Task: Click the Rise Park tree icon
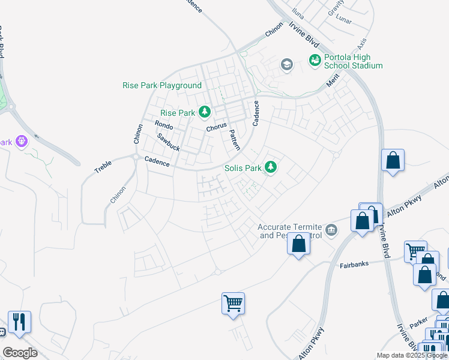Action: tap(205, 112)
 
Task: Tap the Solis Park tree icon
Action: tap(271, 167)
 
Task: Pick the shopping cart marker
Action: tap(233, 302)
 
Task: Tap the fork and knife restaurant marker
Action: tap(19, 322)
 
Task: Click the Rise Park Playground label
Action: tap(162, 85)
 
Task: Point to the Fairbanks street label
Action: tap(353, 264)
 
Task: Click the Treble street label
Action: tap(103, 167)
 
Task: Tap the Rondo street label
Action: tap(164, 125)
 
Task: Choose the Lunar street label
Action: tap(343, 20)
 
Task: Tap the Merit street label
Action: tap(333, 81)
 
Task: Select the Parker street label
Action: tap(418, 323)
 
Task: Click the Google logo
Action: tap(20, 353)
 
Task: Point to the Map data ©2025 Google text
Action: tap(412, 355)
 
